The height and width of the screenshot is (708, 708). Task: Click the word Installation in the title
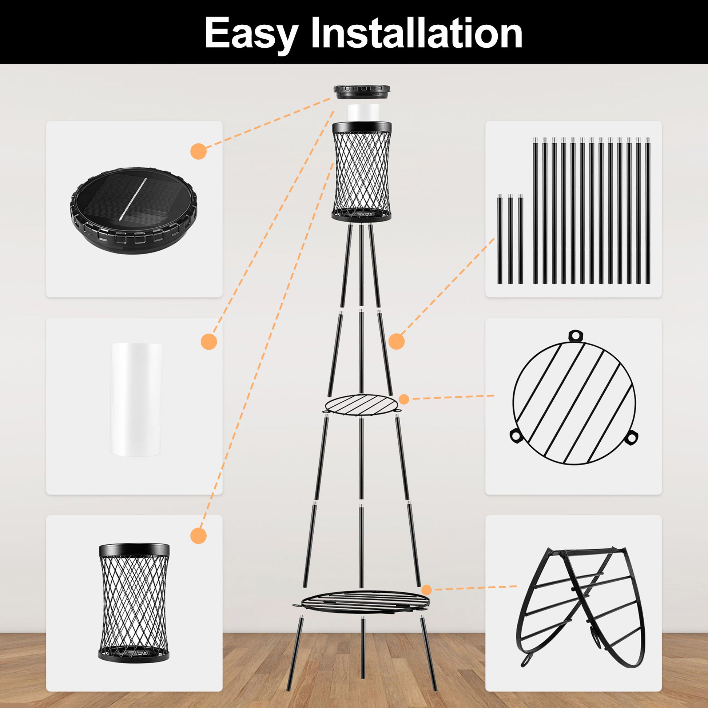416,33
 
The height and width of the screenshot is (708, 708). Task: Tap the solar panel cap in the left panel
134,210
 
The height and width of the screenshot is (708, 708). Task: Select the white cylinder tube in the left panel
137,399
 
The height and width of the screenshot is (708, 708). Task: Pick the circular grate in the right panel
574,398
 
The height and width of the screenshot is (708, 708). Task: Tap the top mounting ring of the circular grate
575,335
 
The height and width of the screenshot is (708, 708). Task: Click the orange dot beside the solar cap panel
199,151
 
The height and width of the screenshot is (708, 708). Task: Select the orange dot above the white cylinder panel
209,342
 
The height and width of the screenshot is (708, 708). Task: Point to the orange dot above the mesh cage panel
199,536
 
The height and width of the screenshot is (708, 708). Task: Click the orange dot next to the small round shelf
404,399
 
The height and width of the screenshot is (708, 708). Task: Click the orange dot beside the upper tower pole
397,342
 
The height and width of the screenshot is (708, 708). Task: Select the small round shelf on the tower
361,405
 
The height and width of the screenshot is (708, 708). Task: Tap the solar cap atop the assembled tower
362,92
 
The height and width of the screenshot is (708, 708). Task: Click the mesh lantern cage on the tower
362,171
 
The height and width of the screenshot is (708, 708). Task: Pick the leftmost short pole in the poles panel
500,240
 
